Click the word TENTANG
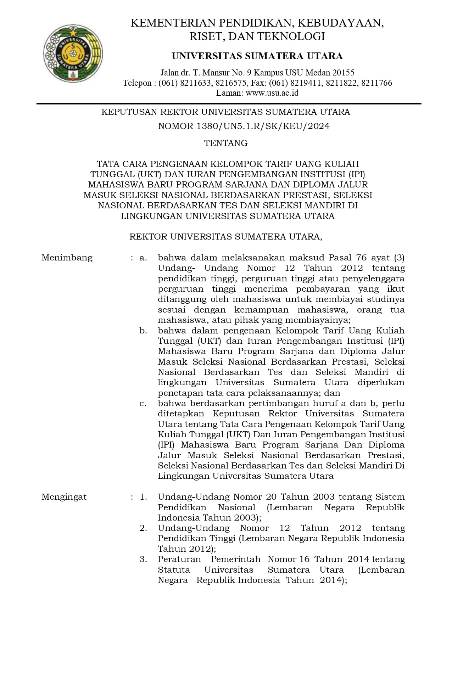tap(226, 143)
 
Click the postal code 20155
tap(343, 73)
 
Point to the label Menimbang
tap(67, 258)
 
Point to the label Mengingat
tap(64, 497)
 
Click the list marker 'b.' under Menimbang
tap(143, 331)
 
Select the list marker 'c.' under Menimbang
tap(143, 403)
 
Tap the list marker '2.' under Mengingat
tap(143, 528)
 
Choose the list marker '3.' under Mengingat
tap(143, 559)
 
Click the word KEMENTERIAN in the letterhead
tap(174, 23)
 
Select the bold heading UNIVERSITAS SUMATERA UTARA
tap(257, 56)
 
